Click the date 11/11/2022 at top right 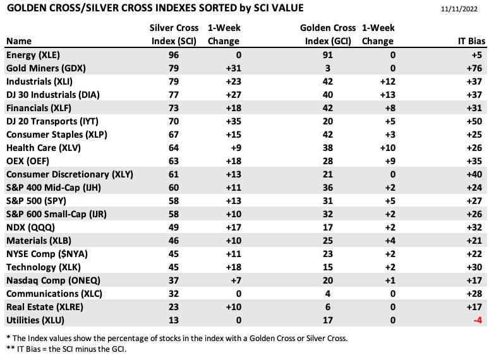click(x=459, y=9)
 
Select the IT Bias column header click(x=471, y=41)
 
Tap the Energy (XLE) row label click(x=33, y=55)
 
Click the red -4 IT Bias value click(x=478, y=320)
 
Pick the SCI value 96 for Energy click(x=173, y=55)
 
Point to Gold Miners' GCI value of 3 click(x=328, y=68)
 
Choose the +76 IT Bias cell click(x=474, y=68)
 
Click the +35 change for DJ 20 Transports click(x=234, y=121)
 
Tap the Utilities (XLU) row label click(x=35, y=320)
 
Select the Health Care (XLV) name click(x=44, y=148)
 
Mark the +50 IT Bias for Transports click(x=474, y=121)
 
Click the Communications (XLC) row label click(x=54, y=294)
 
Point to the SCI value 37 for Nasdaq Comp click(x=173, y=280)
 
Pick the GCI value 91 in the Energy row click(x=328, y=55)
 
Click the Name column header click(x=19, y=41)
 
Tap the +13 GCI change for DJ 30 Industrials click(x=388, y=95)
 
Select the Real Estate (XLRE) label click(x=45, y=307)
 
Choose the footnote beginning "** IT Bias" click(x=66, y=349)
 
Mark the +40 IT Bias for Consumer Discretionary click(x=474, y=174)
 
